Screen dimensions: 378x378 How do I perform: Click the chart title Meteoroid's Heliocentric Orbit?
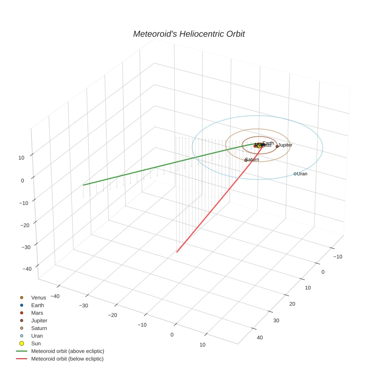tap(189, 34)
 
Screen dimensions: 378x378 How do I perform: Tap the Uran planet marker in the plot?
tap(295, 174)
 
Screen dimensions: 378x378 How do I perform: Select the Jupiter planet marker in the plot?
tap(277, 146)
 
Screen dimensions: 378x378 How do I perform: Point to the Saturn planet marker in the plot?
tap(245, 160)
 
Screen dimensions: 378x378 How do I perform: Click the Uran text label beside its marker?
tap(302, 174)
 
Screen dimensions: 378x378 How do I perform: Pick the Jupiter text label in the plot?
tap(285, 145)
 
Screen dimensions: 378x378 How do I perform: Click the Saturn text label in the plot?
tap(252, 159)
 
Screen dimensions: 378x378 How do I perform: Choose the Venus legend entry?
tap(38, 298)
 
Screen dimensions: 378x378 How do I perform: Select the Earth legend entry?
tap(38, 305)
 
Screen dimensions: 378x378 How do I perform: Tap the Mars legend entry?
tap(37, 313)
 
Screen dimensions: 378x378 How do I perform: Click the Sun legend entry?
tap(36, 343)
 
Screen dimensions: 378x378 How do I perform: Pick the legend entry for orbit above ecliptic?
tap(68, 351)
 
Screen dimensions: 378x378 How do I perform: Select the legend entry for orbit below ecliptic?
tap(67, 359)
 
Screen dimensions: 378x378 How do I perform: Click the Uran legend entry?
tap(37, 336)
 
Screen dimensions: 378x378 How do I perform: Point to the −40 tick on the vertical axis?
tap(27, 269)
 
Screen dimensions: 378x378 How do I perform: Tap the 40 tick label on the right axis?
tap(260, 338)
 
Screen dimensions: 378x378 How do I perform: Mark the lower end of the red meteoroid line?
tap(177, 252)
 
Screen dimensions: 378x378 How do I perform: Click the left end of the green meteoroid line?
tap(83, 185)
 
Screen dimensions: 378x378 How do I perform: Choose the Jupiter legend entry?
tap(39, 321)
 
